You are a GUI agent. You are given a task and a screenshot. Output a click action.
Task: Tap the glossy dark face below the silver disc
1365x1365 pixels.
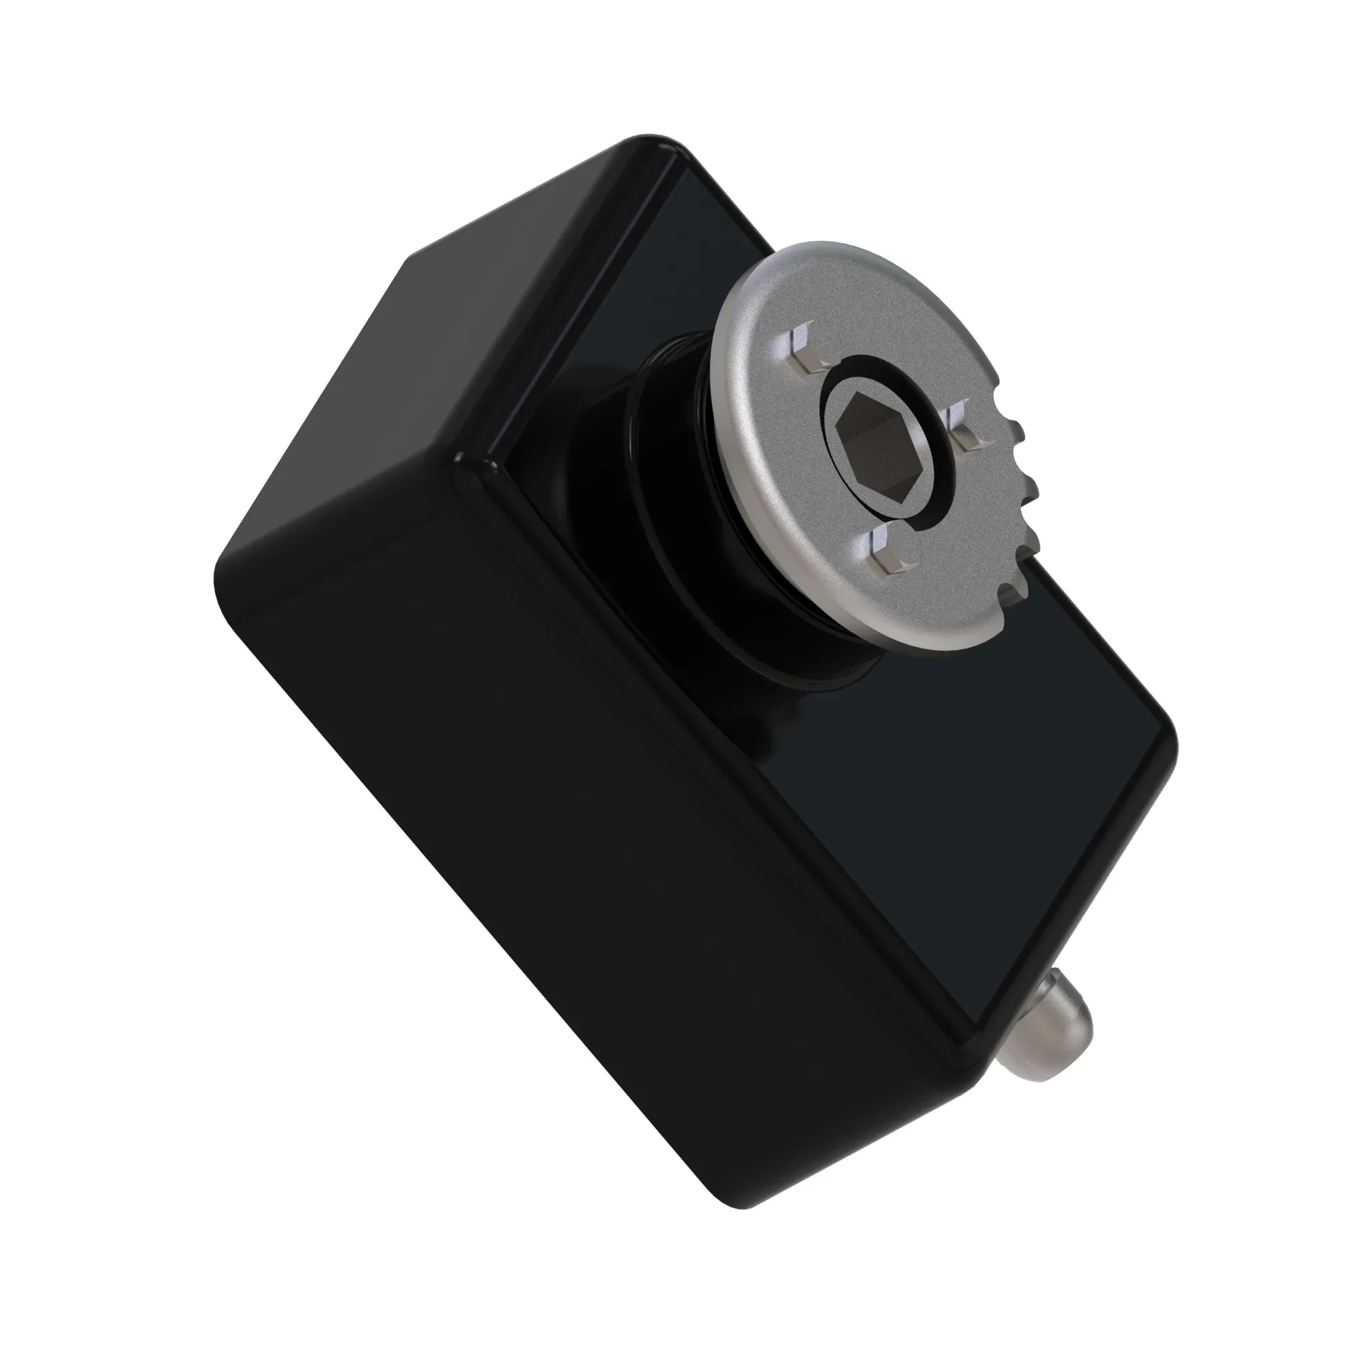coord(954,799)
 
